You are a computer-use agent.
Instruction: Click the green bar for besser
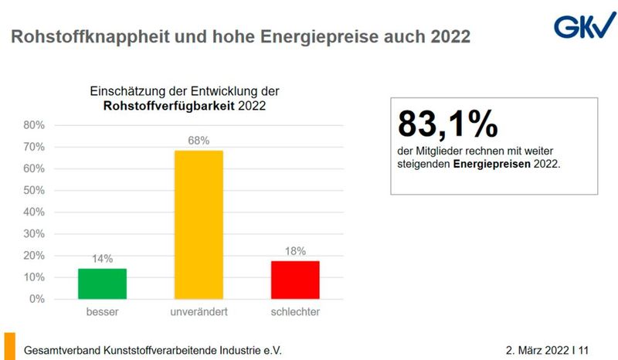click(101, 283)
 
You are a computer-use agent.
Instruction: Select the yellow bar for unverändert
click(199, 224)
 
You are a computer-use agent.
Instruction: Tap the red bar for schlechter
click(295, 279)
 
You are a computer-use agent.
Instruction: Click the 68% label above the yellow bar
click(199, 140)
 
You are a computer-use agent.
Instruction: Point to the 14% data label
click(101, 258)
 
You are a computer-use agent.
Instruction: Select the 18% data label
click(295, 250)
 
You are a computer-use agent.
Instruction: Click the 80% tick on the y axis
click(35, 125)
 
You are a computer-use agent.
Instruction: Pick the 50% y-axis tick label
click(35, 190)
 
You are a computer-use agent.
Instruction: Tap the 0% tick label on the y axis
click(37, 299)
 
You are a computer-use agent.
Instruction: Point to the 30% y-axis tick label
click(35, 233)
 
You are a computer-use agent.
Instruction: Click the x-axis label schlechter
click(295, 312)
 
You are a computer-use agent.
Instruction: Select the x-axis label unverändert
click(199, 312)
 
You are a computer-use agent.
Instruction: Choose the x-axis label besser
click(101, 312)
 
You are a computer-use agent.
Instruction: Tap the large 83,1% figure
click(447, 124)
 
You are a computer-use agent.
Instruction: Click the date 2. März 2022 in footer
click(537, 350)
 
